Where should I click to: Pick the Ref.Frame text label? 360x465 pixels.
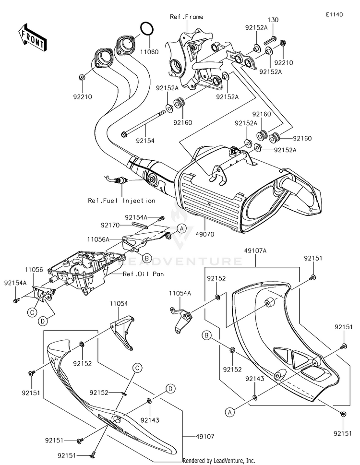point(187,17)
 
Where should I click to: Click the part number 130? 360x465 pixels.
point(273,20)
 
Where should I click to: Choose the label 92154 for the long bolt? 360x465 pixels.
point(144,141)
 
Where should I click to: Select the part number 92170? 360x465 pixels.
point(110,225)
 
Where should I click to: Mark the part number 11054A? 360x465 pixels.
point(180,292)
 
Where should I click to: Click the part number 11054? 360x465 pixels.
point(119,304)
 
